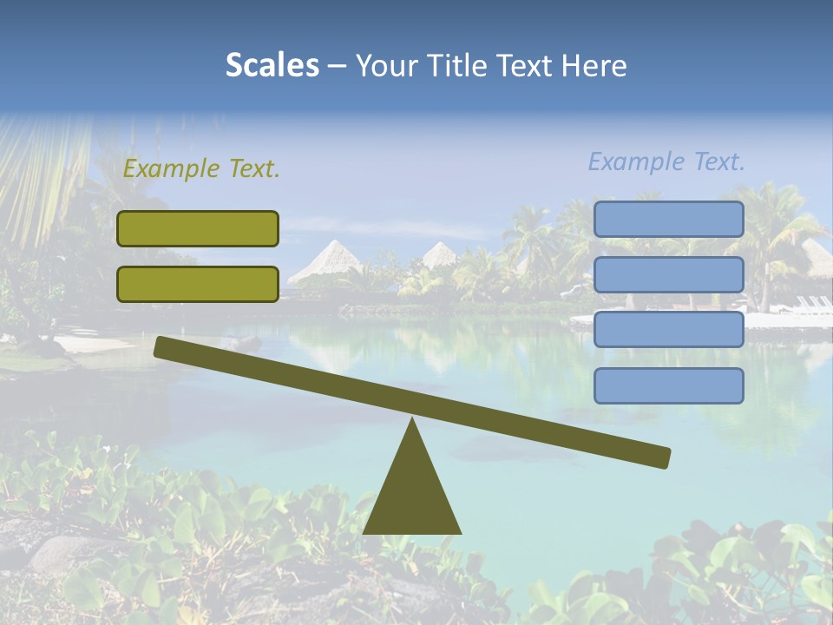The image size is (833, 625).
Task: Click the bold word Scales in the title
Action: tap(272, 65)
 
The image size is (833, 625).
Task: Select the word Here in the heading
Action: tap(594, 65)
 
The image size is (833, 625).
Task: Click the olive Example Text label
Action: tap(201, 169)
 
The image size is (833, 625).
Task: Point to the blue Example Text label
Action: tap(666, 161)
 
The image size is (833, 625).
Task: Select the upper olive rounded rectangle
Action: tap(198, 228)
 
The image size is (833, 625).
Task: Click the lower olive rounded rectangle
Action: tap(198, 284)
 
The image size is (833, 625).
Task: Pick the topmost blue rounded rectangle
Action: tap(668, 219)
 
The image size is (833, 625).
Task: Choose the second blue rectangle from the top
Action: tap(668, 274)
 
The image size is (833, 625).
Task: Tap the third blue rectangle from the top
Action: tap(668, 329)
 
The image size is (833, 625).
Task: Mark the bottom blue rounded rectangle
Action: tap(668, 385)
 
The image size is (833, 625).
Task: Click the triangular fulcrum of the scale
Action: tap(412, 495)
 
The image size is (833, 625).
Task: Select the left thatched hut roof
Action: tap(329, 260)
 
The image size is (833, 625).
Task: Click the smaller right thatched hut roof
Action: tap(440, 254)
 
